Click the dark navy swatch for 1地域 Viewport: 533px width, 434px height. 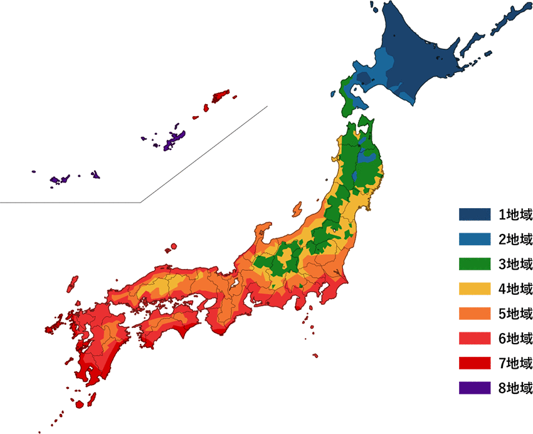pyautogui.click(x=474, y=214)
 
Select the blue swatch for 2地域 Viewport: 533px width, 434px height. pyautogui.click(x=474, y=239)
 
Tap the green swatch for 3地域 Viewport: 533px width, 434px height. pyautogui.click(x=474, y=264)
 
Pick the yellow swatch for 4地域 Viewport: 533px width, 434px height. pyautogui.click(x=474, y=288)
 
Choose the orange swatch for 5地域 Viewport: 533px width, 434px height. pyautogui.click(x=474, y=314)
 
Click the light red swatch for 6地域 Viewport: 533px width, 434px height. pyautogui.click(x=474, y=338)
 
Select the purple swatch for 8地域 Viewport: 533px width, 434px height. pyautogui.click(x=474, y=388)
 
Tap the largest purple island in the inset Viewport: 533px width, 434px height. pyautogui.click(x=174, y=140)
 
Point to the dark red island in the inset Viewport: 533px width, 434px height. pyautogui.click(x=220, y=97)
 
